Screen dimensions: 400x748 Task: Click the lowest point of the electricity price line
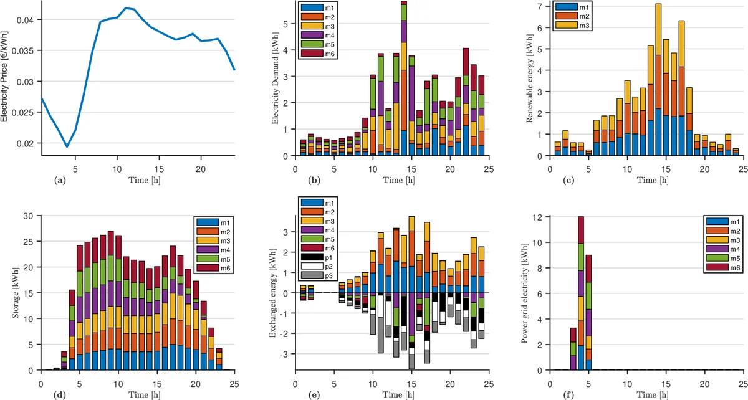[x=67, y=147]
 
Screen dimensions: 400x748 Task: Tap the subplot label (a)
[x=60, y=180]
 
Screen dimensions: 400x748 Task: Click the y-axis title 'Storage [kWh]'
[x=16, y=293]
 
